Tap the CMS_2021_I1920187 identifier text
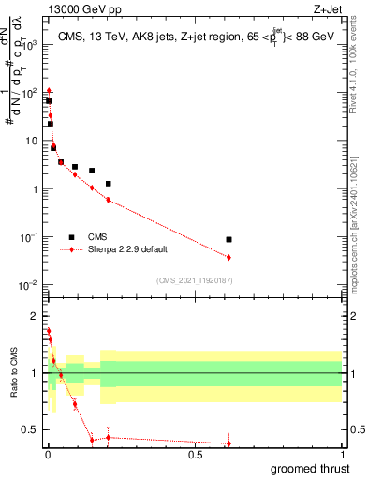(x=193, y=280)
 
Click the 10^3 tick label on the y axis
(x=32, y=44)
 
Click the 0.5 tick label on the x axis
(x=195, y=454)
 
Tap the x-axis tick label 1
(x=342, y=454)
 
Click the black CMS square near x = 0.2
(x=109, y=184)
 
